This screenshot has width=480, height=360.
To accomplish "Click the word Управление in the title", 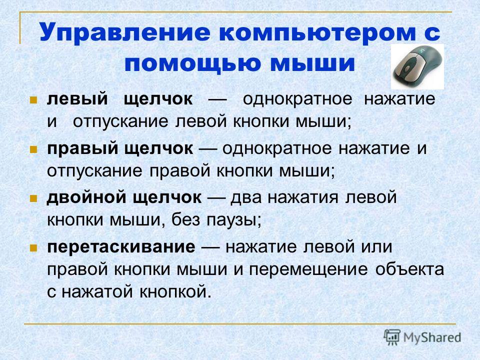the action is click(125, 32).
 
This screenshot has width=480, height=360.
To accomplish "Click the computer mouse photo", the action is click(417, 66).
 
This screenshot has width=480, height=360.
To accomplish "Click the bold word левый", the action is click(77, 99).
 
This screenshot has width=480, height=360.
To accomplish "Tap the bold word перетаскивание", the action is click(121, 246).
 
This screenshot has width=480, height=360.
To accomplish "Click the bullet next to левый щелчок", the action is click(33, 100).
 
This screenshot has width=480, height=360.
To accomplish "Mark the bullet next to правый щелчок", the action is click(33, 149).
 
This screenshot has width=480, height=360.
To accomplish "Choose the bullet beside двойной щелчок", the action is click(33, 199).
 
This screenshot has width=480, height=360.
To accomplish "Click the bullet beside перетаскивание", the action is click(33, 248).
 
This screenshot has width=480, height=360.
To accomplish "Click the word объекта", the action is click(409, 269).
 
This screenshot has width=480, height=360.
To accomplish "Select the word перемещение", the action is click(308, 270).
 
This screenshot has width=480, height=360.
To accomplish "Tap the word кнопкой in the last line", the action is click(175, 291).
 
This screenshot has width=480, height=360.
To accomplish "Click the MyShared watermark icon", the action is click(392, 337).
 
